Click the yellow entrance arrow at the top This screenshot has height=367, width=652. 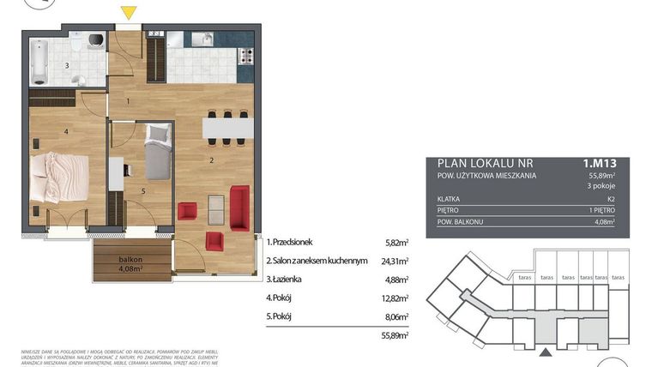click(128, 12)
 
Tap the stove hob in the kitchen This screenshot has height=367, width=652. click(247, 57)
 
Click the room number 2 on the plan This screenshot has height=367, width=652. click(211, 159)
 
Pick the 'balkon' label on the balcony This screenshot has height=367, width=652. click(130, 258)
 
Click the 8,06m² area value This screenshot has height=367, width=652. click(396, 316)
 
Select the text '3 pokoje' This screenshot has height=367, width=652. click(603, 184)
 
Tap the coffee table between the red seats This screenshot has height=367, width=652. click(216, 206)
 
